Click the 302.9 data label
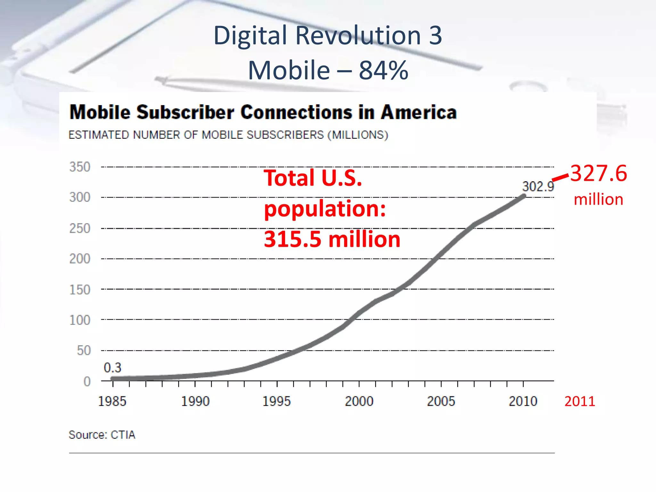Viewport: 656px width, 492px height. pyautogui.click(x=538, y=186)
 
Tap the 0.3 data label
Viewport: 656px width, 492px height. pyautogui.click(x=112, y=367)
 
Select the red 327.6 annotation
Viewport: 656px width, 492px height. pyautogui.click(x=598, y=173)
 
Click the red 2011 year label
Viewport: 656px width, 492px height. pyautogui.click(x=579, y=401)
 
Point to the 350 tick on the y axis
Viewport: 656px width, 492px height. pyautogui.click(x=80, y=167)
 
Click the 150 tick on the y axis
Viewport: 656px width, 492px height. pyautogui.click(x=80, y=290)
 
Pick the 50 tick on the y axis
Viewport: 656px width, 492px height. pyautogui.click(x=84, y=350)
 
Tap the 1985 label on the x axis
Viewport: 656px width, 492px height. pyautogui.click(x=112, y=401)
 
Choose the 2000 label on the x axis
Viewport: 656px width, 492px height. pyautogui.click(x=359, y=401)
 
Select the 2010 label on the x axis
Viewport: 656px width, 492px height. pyautogui.click(x=523, y=401)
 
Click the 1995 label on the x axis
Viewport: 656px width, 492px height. pyautogui.click(x=276, y=401)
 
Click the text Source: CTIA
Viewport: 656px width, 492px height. pyautogui.click(x=102, y=435)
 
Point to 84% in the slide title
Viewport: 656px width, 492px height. pyautogui.click(x=383, y=70)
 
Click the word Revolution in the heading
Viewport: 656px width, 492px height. pyautogui.click(x=358, y=35)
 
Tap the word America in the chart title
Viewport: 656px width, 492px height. pyautogui.click(x=419, y=112)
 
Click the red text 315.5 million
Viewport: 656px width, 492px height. pyautogui.click(x=332, y=239)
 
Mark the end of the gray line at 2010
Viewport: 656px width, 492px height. pyautogui.click(x=524, y=196)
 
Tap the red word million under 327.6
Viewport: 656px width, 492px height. pyautogui.click(x=598, y=200)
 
